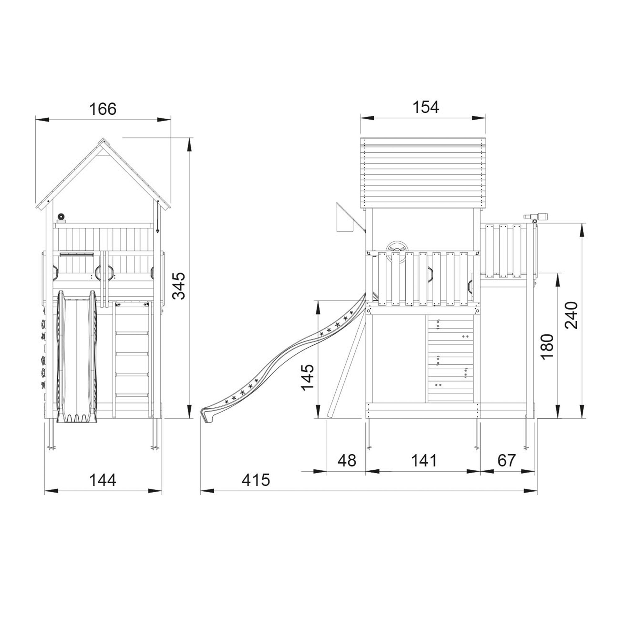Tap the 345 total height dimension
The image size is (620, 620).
pos(179,286)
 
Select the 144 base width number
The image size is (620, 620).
pos(103,480)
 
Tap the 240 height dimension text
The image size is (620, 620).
pos(571,315)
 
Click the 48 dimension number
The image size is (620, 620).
pos(347,461)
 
